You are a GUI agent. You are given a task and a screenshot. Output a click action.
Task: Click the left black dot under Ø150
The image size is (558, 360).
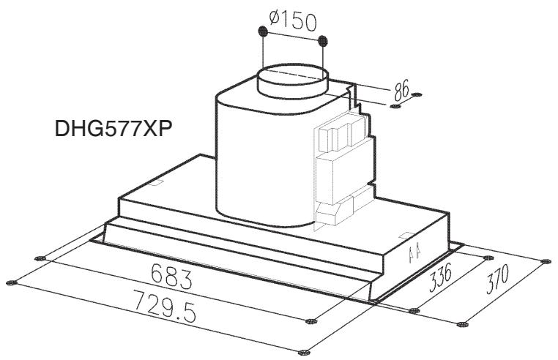261,32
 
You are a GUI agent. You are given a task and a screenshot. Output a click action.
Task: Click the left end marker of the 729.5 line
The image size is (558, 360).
10,282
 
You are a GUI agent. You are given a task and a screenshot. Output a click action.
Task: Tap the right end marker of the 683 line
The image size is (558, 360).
313,320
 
